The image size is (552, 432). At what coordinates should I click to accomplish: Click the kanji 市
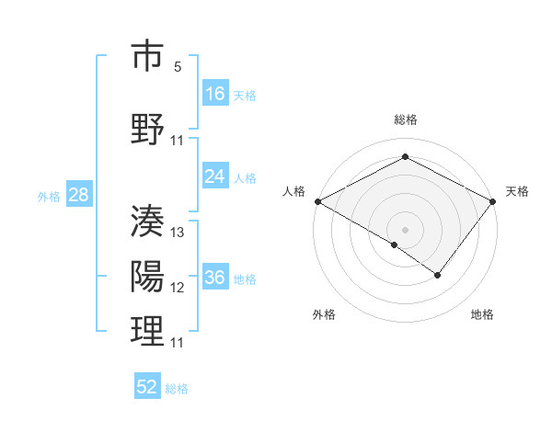coord(147,57)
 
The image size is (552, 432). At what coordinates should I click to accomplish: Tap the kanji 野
coord(147,129)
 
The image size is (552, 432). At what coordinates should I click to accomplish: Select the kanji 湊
coord(147,222)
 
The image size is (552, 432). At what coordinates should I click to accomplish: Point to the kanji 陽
coord(147,277)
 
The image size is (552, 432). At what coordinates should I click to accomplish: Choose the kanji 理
coord(147,332)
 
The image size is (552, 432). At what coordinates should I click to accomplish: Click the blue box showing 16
coord(215,94)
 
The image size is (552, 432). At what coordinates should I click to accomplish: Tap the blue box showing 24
coord(215,177)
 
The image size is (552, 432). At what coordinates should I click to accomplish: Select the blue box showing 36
coord(215,279)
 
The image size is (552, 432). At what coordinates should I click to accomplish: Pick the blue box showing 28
coord(78,195)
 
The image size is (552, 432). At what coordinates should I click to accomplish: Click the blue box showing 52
coord(147,387)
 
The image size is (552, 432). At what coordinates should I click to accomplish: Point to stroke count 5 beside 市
coord(178,67)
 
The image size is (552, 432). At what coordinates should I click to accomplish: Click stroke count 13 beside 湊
coord(178,233)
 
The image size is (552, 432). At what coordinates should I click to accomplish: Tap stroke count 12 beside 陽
coord(178,288)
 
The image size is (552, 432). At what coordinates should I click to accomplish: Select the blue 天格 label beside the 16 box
coord(245,95)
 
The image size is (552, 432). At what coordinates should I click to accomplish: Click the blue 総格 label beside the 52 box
coord(177,388)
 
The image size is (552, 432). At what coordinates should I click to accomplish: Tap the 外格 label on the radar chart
coord(324,314)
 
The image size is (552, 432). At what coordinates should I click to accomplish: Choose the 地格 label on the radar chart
coord(482,314)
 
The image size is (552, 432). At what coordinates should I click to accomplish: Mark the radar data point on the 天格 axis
coord(494,200)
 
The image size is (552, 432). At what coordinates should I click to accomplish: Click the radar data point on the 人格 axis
coord(316,200)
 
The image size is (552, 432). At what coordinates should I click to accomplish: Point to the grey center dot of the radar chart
coord(405,229)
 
